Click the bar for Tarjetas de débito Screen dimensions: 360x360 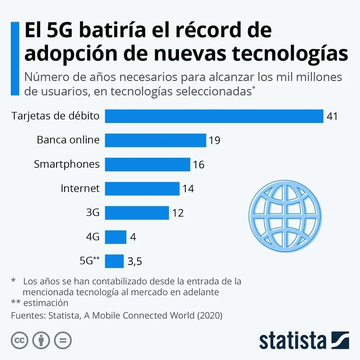(x=214, y=116)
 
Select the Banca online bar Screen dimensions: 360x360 (x=155, y=140)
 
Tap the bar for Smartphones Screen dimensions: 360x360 (x=147, y=165)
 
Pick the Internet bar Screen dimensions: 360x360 (x=142, y=189)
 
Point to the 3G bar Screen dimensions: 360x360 (x=137, y=213)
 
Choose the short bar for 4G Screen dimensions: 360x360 (x=116, y=237)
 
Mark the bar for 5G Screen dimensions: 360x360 (x=114, y=261)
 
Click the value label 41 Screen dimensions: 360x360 (x=332, y=117)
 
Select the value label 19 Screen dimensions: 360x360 (x=214, y=141)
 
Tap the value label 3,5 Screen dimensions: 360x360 (x=135, y=262)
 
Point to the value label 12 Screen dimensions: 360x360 (x=178, y=213)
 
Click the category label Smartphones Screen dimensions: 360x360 (x=67, y=165)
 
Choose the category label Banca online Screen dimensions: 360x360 (x=68, y=140)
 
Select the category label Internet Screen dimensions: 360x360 (x=80, y=188)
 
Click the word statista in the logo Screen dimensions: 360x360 (x=292, y=341)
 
